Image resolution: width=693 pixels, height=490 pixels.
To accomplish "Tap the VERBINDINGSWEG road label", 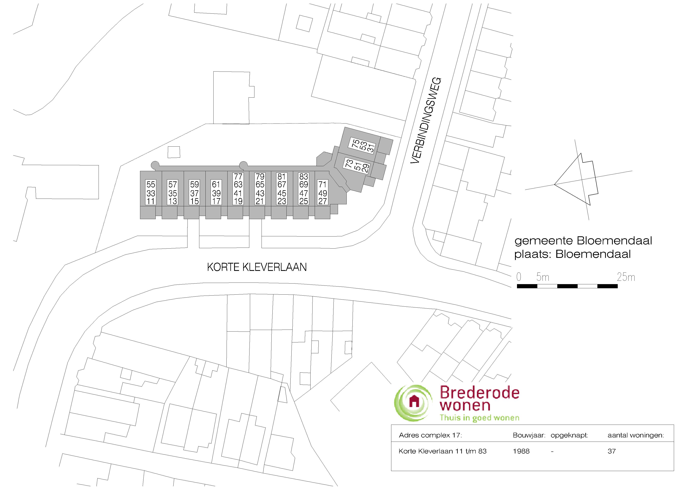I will [x=426, y=121].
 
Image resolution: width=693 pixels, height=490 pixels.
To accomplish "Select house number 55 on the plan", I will [x=151, y=185].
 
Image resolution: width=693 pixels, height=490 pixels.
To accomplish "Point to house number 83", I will [x=304, y=176].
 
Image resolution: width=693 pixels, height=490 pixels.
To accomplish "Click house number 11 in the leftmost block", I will [x=151, y=201].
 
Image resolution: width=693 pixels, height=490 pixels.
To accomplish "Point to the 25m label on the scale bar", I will [x=626, y=277].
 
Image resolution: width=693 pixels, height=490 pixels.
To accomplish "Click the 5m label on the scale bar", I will [x=542, y=277].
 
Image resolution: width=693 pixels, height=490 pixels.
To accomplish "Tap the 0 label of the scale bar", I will [x=519, y=277].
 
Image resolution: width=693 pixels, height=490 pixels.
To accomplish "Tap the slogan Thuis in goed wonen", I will [x=479, y=418].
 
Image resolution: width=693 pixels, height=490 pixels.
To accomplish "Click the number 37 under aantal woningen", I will [x=611, y=451].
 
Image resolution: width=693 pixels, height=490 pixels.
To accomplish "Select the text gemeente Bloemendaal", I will [x=583, y=241].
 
